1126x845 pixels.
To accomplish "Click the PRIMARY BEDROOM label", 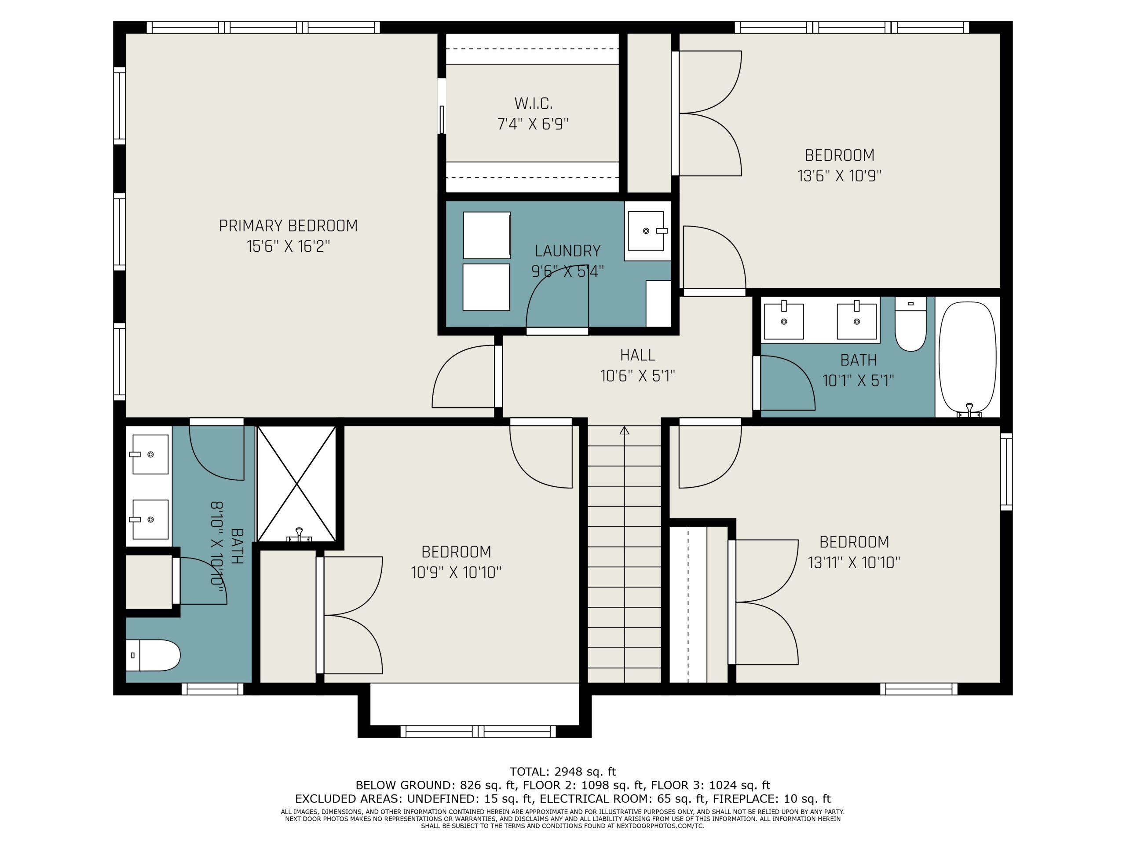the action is (288, 226).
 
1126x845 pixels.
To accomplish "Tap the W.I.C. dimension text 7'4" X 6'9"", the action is (533, 124).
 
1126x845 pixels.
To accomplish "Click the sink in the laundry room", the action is (647, 231).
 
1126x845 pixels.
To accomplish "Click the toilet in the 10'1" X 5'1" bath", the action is (910, 325).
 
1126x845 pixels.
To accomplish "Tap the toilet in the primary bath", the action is (153, 655).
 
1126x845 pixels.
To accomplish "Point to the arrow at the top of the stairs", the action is (625, 430).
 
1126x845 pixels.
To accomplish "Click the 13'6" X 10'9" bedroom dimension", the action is (839, 176).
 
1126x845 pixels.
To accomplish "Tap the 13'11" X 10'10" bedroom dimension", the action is (854, 562).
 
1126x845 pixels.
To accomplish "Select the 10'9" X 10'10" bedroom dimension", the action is (456, 573).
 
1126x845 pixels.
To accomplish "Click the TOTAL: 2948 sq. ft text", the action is (563, 772).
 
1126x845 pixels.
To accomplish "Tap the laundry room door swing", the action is (557, 298).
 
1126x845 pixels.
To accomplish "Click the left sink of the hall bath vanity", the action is (784, 321).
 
